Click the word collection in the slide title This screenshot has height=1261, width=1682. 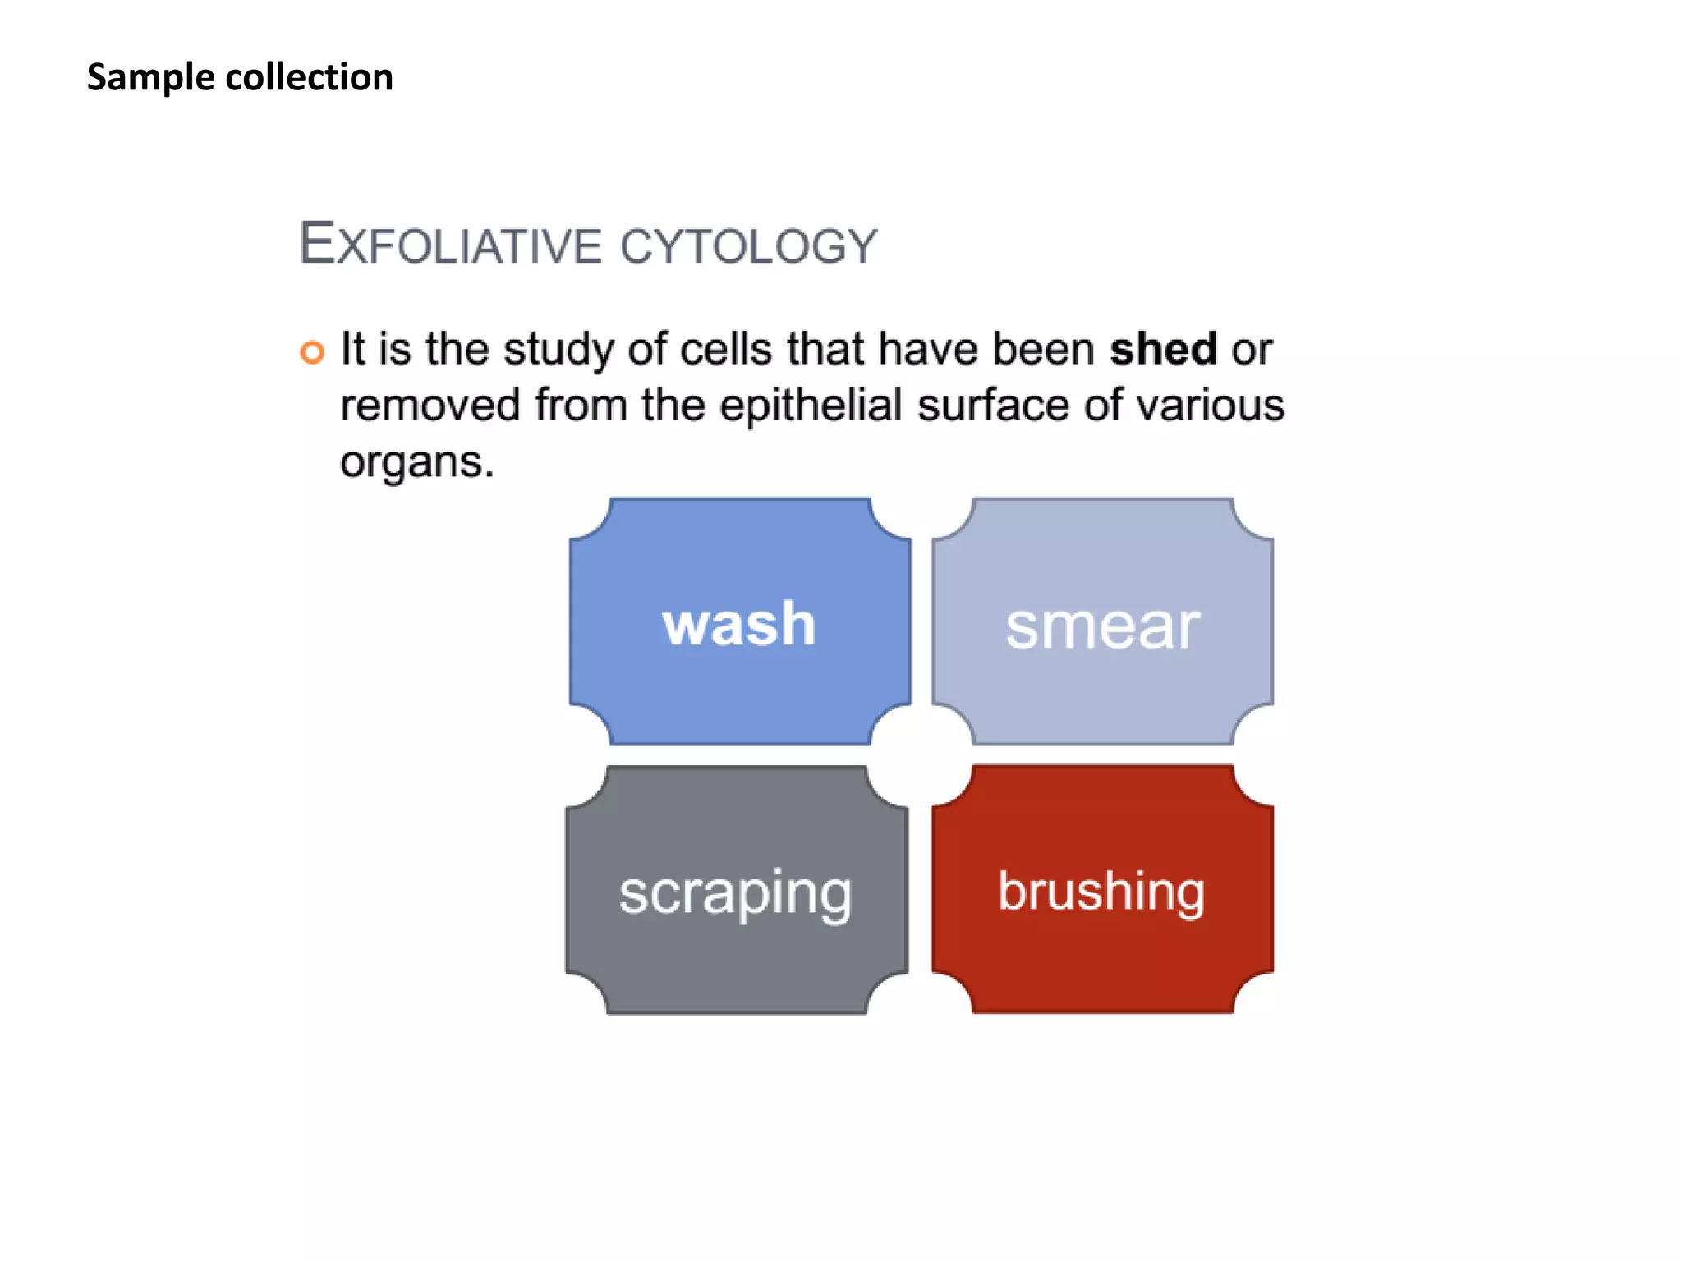[x=310, y=77]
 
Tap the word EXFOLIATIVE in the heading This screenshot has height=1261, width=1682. [x=450, y=244]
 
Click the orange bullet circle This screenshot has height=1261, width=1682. [x=312, y=351]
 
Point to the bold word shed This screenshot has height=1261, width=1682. [x=1163, y=349]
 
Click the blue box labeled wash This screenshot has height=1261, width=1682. [x=740, y=621]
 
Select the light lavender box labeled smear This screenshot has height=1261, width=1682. [x=1103, y=621]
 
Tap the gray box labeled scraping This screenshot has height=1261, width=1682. [x=737, y=890]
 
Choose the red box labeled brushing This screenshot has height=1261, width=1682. [x=1103, y=889]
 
